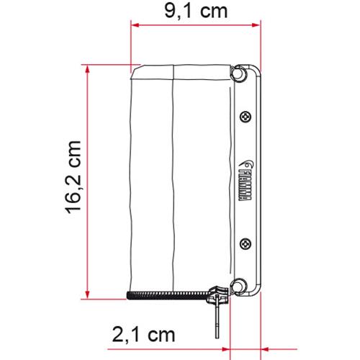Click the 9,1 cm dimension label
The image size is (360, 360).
196,12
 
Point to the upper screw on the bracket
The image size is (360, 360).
245,116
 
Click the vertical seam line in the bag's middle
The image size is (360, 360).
174,180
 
